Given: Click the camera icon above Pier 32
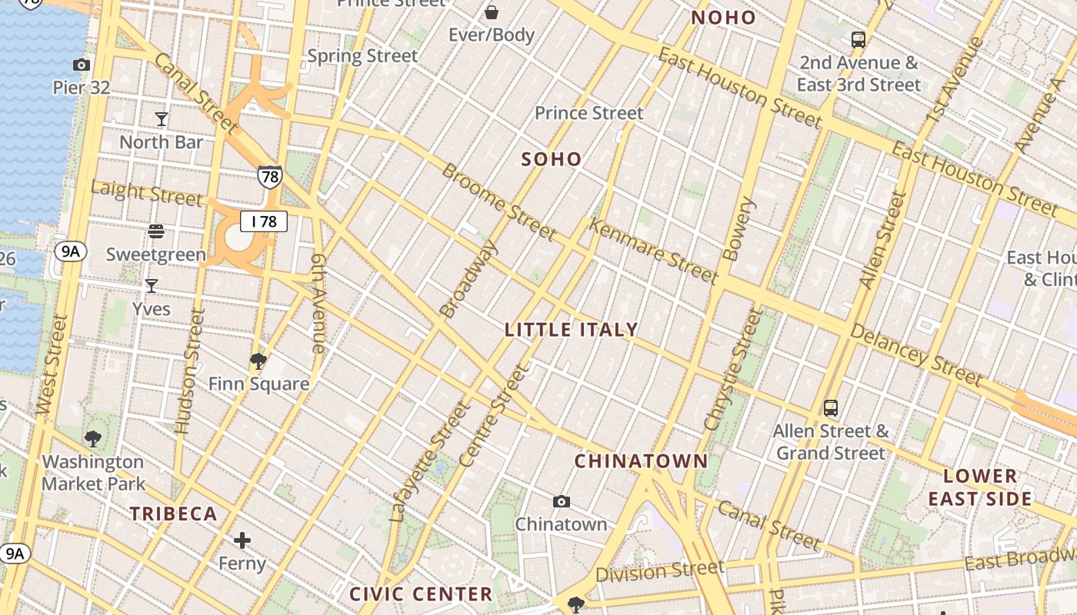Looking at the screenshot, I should pyautogui.click(x=81, y=65).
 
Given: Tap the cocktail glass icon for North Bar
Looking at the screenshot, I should pyautogui.click(x=162, y=119).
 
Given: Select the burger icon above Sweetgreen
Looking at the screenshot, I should pyautogui.click(x=156, y=231).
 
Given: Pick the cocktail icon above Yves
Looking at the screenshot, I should pyautogui.click(x=152, y=286).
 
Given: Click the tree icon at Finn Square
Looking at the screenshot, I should pyautogui.click(x=258, y=361).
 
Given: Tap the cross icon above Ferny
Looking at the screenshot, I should pyautogui.click(x=242, y=540).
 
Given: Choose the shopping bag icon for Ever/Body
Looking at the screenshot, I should pyautogui.click(x=491, y=12).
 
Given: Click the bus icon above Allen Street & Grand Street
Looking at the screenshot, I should pyautogui.click(x=831, y=407).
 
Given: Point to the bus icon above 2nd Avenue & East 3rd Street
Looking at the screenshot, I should pyautogui.click(x=859, y=40).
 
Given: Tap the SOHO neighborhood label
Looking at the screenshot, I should pyautogui.click(x=552, y=159).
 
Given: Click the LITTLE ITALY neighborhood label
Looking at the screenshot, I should pyautogui.click(x=571, y=330).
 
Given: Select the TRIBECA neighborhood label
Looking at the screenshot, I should pyautogui.click(x=173, y=514).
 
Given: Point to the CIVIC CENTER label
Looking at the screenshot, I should pyautogui.click(x=421, y=593).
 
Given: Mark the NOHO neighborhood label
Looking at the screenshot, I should pyautogui.click(x=723, y=18).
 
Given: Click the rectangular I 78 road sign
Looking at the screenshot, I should pyautogui.click(x=264, y=221).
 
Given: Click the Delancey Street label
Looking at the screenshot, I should pyautogui.click(x=915, y=354).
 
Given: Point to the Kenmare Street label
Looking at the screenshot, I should pyautogui.click(x=652, y=251).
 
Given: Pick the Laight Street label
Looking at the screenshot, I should pyautogui.click(x=146, y=192).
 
